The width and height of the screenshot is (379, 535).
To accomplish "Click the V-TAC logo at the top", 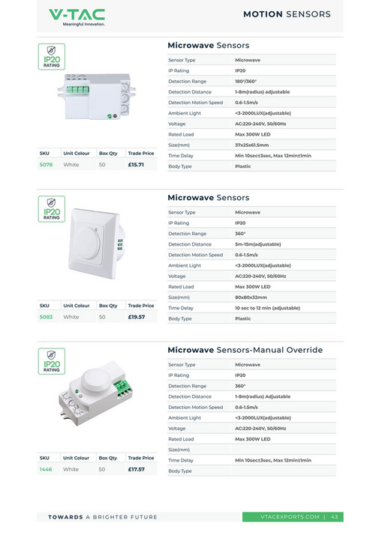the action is point(77,16).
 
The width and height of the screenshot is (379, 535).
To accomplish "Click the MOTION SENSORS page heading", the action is point(287,14).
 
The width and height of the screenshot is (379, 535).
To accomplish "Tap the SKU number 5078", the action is point(46,164).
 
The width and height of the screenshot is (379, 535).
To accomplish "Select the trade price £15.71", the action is point(136,164).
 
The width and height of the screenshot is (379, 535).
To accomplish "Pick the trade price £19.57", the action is point(136,317).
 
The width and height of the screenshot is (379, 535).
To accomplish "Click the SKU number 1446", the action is point(46,469).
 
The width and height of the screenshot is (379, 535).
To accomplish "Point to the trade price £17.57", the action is point(136,469).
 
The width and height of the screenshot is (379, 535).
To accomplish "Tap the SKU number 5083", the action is point(46,317).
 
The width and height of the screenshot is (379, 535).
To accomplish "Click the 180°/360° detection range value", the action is point(245,81).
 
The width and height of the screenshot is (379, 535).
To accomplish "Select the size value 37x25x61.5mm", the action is point(251,145).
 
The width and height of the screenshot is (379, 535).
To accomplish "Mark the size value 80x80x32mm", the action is point(250,297).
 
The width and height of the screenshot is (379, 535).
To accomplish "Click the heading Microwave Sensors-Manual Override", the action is point(245,350).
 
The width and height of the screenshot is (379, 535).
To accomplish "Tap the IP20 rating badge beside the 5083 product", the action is point(51,209).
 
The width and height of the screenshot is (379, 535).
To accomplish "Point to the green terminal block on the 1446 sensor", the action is point(119,387).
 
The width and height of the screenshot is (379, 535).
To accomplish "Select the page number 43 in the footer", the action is point(335,517).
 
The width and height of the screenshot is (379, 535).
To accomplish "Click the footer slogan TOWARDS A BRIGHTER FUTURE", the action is point(103,517).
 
